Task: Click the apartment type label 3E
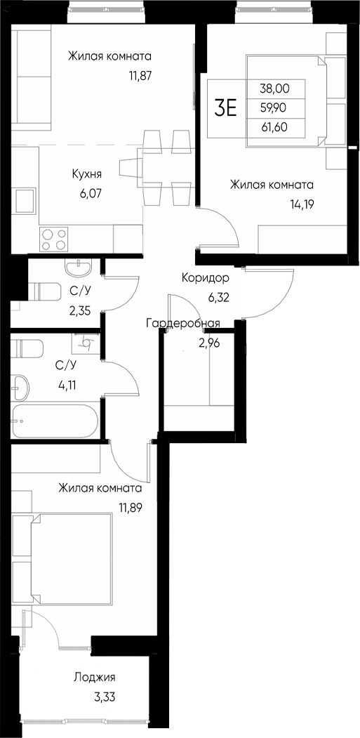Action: coord(226,108)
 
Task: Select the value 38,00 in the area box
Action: coord(274,88)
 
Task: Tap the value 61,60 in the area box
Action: coord(274,128)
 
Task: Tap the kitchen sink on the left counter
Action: coord(26,201)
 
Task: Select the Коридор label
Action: coord(204,277)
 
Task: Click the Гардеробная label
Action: coord(183,323)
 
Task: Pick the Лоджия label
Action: coord(93,678)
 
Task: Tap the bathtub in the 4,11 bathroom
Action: coord(55,421)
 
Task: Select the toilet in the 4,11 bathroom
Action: coord(29,348)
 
